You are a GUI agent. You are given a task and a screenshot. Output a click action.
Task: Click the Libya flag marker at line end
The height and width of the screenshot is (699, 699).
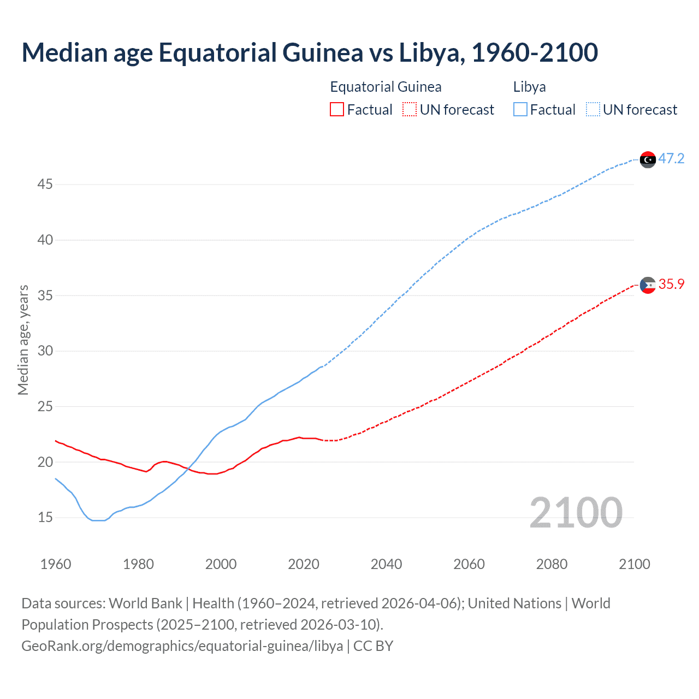point(648,159)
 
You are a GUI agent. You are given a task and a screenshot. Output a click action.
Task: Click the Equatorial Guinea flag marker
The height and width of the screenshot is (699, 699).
point(648,285)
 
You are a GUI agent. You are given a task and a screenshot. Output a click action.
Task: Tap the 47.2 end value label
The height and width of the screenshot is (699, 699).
point(671,159)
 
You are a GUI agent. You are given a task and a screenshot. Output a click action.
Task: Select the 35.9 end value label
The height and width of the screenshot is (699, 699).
point(671,285)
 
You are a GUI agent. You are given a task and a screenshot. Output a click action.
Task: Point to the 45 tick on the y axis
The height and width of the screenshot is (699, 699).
point(45,185)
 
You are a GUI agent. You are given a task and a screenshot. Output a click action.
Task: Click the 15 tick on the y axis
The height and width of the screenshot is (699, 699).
point(45,518)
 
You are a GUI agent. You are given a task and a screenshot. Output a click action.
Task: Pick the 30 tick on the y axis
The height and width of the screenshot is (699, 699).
point(45,351)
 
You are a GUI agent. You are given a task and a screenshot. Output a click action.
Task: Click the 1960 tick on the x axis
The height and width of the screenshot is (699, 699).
point(56,564)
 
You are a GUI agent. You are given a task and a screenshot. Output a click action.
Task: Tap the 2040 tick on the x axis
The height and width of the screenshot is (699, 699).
point(386,564)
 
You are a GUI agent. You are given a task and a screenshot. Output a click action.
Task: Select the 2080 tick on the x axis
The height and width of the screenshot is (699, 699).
point(552,564)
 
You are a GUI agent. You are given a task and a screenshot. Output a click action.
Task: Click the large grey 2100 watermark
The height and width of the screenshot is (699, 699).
point(576,512)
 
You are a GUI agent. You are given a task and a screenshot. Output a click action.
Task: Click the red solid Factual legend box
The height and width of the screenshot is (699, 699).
point(337,110)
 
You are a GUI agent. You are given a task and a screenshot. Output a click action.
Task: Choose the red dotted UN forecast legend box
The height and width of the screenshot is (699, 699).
point(410,110)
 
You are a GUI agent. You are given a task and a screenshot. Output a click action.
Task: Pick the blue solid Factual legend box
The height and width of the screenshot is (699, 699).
point(520,110)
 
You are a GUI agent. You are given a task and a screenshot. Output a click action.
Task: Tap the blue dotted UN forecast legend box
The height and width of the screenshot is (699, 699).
point(593,110)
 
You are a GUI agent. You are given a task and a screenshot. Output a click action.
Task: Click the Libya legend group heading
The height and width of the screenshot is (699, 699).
point(529,87)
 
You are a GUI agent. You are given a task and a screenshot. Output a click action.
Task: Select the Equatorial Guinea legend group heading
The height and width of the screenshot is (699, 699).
point(386,87)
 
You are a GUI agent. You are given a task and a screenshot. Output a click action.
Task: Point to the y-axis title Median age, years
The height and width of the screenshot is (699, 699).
point(23,340)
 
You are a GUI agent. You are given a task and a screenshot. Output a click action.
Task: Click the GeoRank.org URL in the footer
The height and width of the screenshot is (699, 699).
point(182,646)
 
